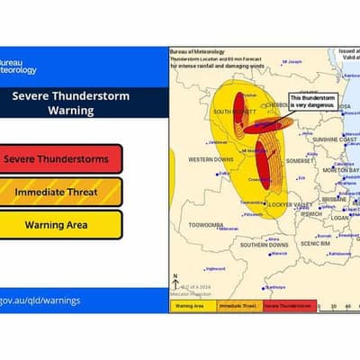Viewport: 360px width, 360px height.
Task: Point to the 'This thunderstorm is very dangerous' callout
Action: click(312, 101)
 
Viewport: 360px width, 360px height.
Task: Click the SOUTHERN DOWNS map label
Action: click(264, 244)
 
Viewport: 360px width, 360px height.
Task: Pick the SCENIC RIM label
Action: click(315, 243)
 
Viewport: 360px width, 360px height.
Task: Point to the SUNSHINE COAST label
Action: click(335, 140)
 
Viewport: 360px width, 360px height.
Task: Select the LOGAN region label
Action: click(338, 217)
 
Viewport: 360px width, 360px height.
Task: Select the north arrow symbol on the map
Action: click(175, 280)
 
